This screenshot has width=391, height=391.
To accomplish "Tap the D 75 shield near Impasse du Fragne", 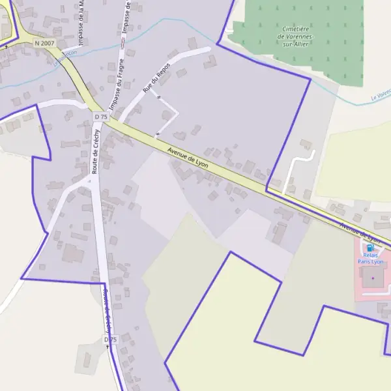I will click(100, 117).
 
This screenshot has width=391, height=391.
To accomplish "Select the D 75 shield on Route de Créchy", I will click(110, 340).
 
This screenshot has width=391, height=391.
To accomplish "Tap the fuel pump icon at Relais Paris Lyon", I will click(370, 248).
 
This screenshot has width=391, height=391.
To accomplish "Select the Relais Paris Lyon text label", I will click(370, 259).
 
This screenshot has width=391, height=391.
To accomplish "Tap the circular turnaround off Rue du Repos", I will click(168, 115).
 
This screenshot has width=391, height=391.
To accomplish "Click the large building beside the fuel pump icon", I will click(373, 279).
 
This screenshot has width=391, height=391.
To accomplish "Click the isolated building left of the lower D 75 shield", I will click(87, 358).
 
